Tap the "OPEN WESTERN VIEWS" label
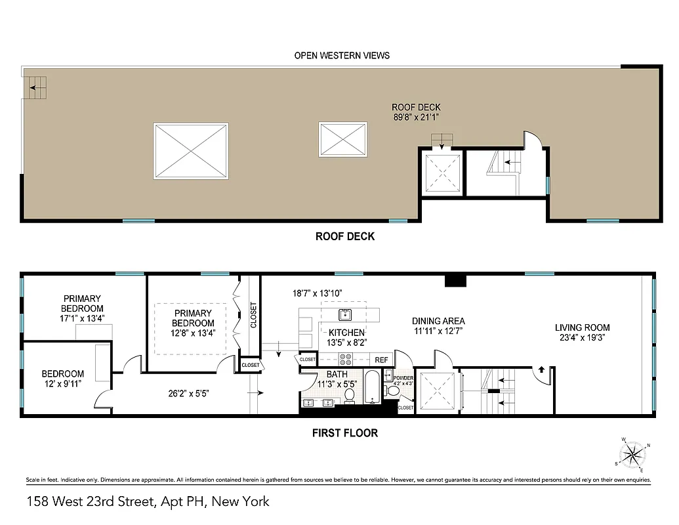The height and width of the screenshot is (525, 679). tap(341, 55)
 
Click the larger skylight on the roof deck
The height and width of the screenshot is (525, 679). tap(191, 150)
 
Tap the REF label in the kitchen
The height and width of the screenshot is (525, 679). tap(381, 360)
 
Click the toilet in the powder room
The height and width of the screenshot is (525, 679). tap(394, 390)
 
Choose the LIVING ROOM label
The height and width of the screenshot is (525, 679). tap(582, 327)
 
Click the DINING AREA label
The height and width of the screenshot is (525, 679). tap(438, 321)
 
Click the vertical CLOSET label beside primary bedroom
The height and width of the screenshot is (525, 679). tap(253, 315)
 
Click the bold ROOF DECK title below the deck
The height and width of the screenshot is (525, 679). tap(345, 236)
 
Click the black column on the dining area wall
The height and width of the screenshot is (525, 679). tap(455, 281)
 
